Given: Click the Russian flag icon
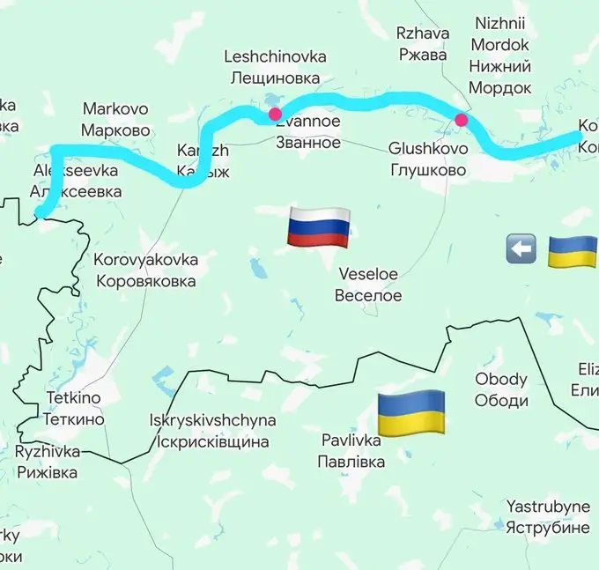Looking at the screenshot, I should click(x=318, y=227).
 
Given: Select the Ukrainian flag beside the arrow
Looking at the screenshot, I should click(x=573, y=251).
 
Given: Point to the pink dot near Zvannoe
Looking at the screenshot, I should click(x=276, y=115).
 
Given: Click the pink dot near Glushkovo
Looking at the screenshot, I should click(x=460, y=121).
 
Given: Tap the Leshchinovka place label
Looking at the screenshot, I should click(x=275, y=67).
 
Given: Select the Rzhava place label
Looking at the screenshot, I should click(x=422, y=44).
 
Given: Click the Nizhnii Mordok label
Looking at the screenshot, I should click(x=500, y=55).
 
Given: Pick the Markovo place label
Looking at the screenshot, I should click(x=115, y=120).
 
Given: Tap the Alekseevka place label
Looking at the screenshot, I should click(x=76, y=180).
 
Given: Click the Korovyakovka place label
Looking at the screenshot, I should click(x=145, y=270).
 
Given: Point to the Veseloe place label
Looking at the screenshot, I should click(x=368, y=285).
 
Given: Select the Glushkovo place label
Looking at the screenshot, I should click(x=428, y=159).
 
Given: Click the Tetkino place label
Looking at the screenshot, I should click(x=75, y=409).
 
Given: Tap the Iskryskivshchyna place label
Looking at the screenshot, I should click(x=212, y=431).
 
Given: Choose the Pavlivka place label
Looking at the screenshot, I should click(x=351, y=449).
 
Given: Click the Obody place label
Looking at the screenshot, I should click(x=501, y=389).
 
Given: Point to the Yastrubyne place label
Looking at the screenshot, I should click(x=547, y=517).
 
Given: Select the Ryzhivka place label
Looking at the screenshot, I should click(x=47, y=462).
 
